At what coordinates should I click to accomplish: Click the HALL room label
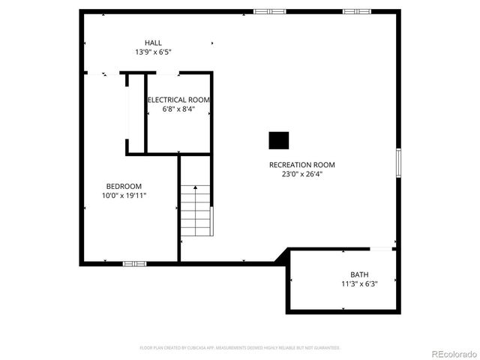pos(153,43)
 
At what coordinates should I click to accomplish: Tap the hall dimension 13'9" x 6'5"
pos(153,52)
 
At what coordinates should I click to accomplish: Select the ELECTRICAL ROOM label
pos(178,100)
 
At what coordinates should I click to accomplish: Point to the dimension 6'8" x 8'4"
pos(178,109)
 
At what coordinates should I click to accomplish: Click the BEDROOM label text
pos(124,186)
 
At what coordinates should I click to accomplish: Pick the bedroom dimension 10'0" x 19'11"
pos(124,196)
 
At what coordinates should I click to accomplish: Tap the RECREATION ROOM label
pos(302,165)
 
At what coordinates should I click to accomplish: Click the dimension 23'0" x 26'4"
pos(302,175)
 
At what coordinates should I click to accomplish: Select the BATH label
pos(359,274)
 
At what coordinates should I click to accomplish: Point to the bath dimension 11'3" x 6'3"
pos(359,284)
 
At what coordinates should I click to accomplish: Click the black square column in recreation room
pos(279,140)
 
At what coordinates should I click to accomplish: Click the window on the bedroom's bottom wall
pos(134,263)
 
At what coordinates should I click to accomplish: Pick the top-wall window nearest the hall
pos(270,11)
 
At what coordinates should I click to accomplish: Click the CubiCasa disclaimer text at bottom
pos(240,348)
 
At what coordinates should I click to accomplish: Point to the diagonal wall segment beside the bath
pos(282,256)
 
